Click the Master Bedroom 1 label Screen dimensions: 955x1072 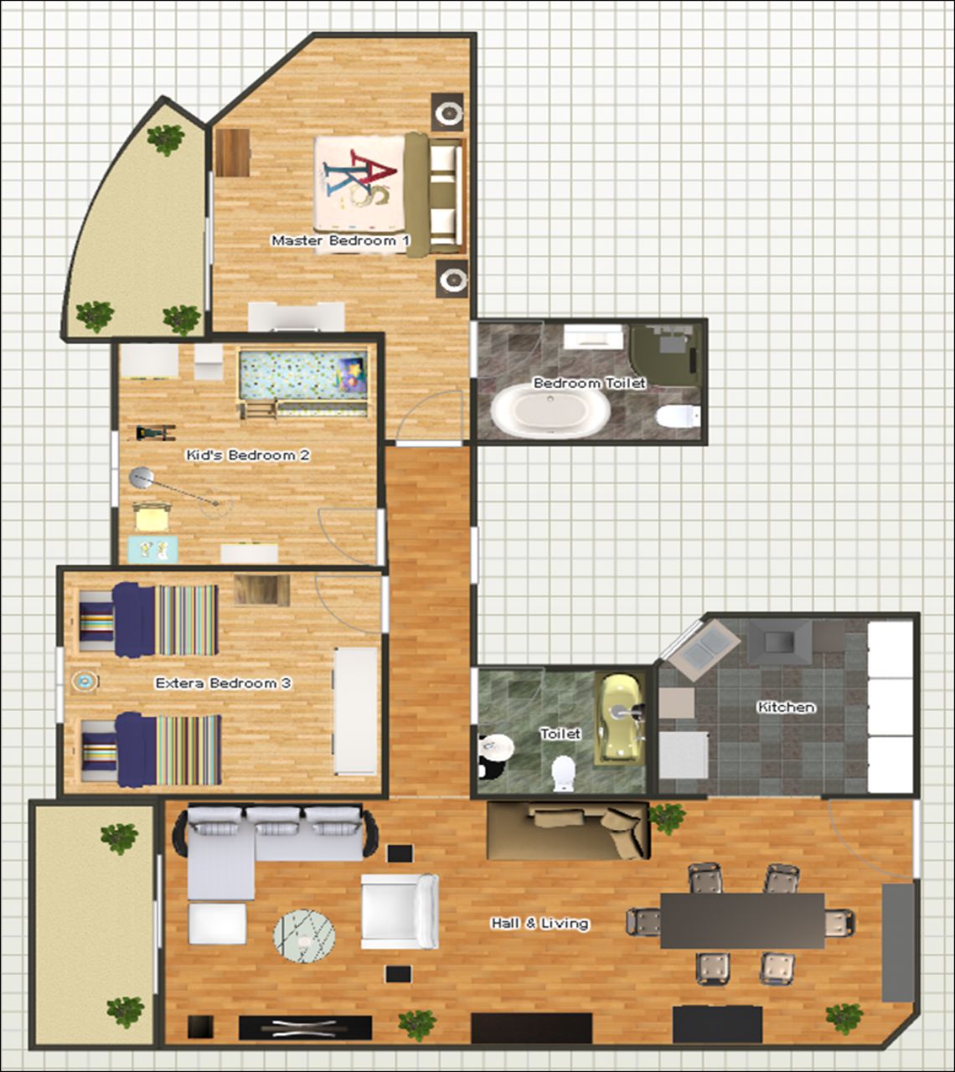coord(340,240)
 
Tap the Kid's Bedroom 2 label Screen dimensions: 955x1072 coord(248,455)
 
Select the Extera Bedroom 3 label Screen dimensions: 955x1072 coord(224,683)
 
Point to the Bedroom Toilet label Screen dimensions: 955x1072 coord(589,383)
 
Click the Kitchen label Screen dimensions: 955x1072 coord(786,707)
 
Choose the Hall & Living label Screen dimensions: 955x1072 coord(540,923)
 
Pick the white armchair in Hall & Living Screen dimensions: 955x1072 coord(400,911)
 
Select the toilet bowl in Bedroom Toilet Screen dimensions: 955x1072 coord(679,416)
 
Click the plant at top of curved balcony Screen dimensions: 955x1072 coord(166,139)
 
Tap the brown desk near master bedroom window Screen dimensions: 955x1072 coord(232,152)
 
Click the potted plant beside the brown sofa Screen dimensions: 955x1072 coord(667,817)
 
